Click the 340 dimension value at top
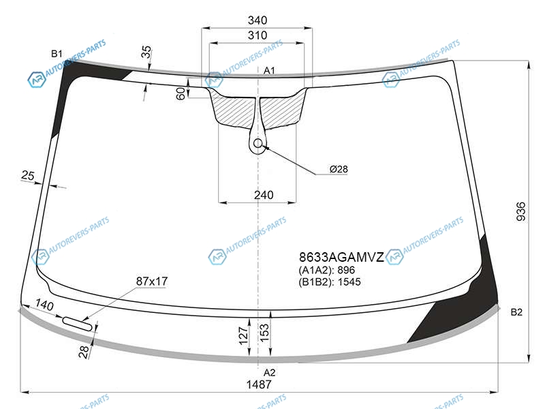point(258,20)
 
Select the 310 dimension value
point(258,35)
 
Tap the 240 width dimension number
point(264,195)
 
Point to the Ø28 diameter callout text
point(339,169)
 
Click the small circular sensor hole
point(258,143)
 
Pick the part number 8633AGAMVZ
point(341,258)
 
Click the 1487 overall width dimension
point(259,384)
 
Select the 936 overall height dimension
point(521,211)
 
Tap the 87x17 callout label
point(151,281)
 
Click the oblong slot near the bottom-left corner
point(77,324)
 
